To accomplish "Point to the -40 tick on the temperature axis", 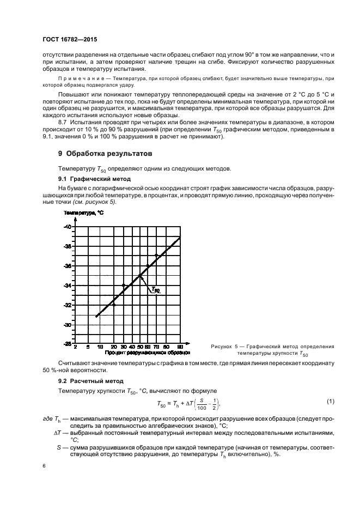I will (68, 226).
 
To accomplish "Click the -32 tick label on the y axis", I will (68, 305).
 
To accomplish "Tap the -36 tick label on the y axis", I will (68, 266).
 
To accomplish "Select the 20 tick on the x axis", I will (113, 347).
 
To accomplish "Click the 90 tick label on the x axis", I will (180, 347).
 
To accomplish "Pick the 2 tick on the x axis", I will (75, 347).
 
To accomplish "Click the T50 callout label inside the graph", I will (155, 290).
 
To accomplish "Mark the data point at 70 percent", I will (157, 256).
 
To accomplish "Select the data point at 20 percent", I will (113, 305).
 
